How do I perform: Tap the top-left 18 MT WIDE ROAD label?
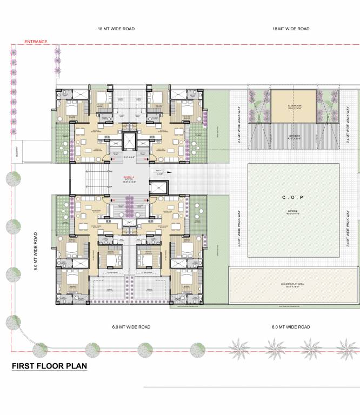coord(116,29)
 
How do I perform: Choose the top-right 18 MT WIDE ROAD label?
coord(291,29)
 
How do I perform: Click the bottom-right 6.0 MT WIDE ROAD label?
coord(291,327)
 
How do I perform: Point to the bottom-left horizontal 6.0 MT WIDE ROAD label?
coord(131,327)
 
